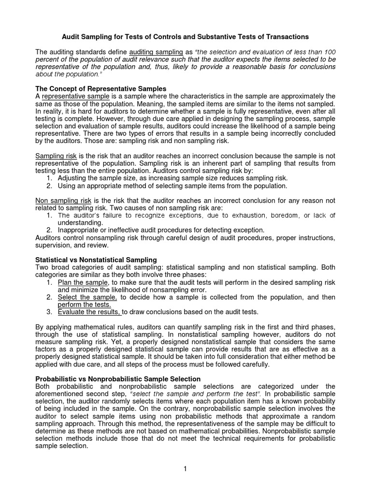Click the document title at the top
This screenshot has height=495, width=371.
(x=185, y=37)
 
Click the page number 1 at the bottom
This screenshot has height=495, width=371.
(x=185, y=468)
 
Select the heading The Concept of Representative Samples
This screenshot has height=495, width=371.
(x=101, y=89)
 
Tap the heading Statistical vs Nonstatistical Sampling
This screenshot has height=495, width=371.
(x=96, y=260)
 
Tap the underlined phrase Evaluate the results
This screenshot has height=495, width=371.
(x=89, y=312)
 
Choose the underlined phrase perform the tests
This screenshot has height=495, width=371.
(x=84, y=305)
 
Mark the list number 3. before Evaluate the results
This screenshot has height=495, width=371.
(x=50, y=312)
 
